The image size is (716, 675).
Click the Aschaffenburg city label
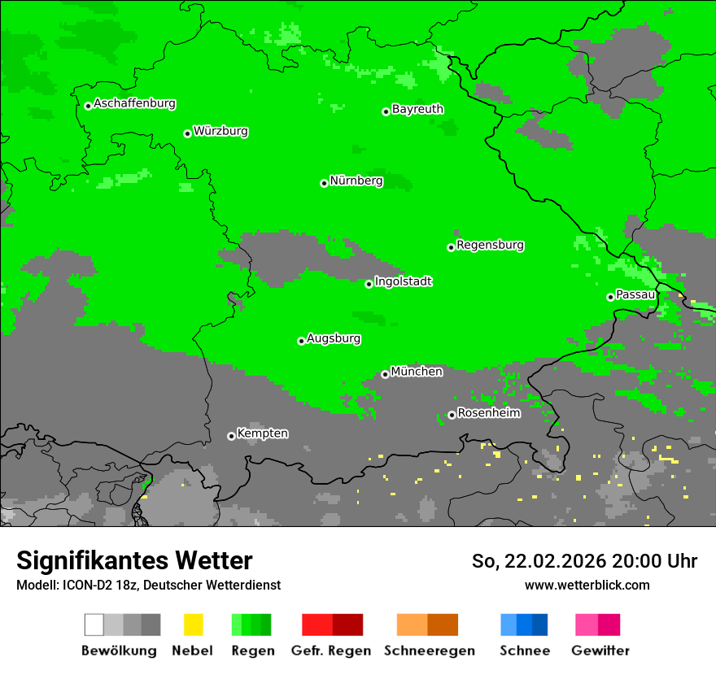click(x=134, y=104)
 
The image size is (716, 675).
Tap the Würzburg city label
click(x=220, y=132)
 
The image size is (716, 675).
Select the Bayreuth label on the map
click(x=417, y=109)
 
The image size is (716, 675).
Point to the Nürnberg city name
click(x=356, y=181)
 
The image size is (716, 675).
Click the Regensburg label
click(x=490, y=246)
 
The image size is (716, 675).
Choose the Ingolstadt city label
click(x=403, y=282)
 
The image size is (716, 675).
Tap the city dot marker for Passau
click(x=610, y=297)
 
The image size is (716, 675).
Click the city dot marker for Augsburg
click(x=301, y=341)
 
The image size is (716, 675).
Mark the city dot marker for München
click(x=385, y=374)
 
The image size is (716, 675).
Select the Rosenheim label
click(x=489, y=413)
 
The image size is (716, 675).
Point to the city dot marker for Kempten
click(x=231, y=436)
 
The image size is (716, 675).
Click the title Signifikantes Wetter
click(x=134, y=561)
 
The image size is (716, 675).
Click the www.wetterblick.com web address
click(x=587, y=586)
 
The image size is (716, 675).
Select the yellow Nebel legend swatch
click(x=193, y=625)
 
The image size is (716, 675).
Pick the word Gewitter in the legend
click(x=600, y=651)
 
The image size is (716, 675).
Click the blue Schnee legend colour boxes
click(x=524, y=625)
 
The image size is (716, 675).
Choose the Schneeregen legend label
click(x=429, y=651)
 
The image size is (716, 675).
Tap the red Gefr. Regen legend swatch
click(x=332, y=625)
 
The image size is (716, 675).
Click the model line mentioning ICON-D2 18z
click(x=148, y=586)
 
